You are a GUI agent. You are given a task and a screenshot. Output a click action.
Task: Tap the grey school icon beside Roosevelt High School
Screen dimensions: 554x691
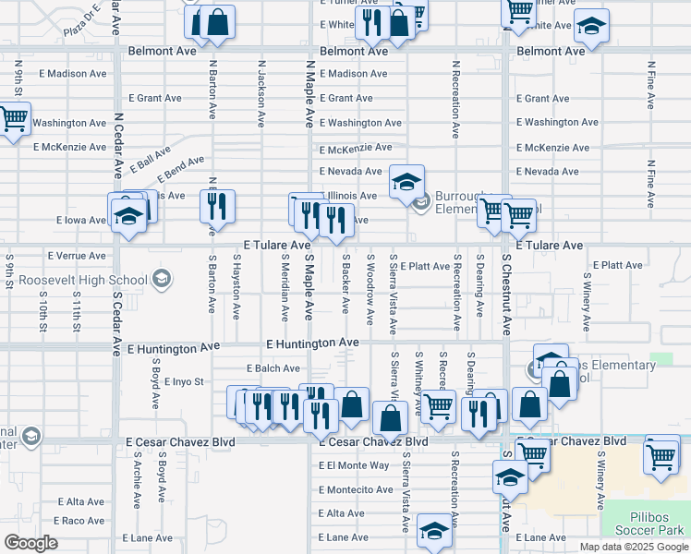(162, 279)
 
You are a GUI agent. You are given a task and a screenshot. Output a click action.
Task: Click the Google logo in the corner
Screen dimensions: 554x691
(30, 543)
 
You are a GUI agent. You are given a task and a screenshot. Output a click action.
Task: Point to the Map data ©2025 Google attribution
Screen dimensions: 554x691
(634, 547)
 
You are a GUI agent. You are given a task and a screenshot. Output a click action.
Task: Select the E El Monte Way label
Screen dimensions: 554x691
(354, 464)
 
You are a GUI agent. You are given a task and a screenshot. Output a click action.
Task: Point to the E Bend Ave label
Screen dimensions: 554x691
(180, 168)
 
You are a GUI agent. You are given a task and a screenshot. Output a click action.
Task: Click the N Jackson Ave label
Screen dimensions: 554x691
(261, 94)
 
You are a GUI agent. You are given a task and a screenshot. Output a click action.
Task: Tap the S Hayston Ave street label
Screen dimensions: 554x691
(236, 288)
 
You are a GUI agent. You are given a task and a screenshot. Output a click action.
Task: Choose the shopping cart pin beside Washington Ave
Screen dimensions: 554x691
(12, 119)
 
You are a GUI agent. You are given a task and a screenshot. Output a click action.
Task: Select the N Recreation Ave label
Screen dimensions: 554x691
(455, 100)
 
